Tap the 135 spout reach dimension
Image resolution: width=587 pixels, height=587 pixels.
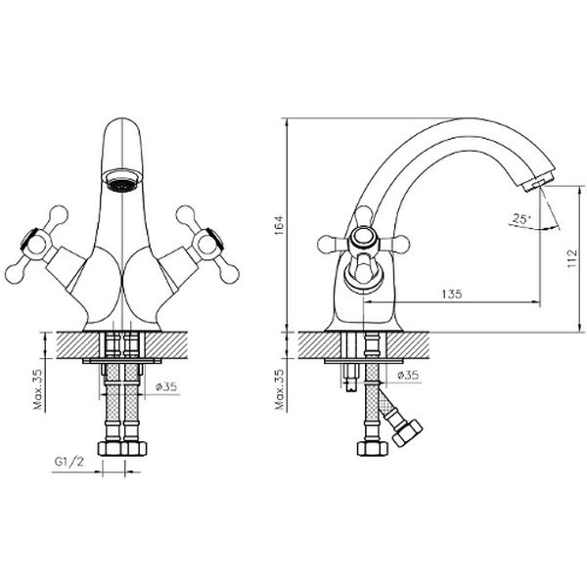point(451,293)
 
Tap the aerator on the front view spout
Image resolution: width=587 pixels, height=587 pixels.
point(122,181)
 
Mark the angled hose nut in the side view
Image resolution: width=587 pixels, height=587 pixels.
point(405,431)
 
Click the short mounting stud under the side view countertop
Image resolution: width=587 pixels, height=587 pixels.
point(348,377)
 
